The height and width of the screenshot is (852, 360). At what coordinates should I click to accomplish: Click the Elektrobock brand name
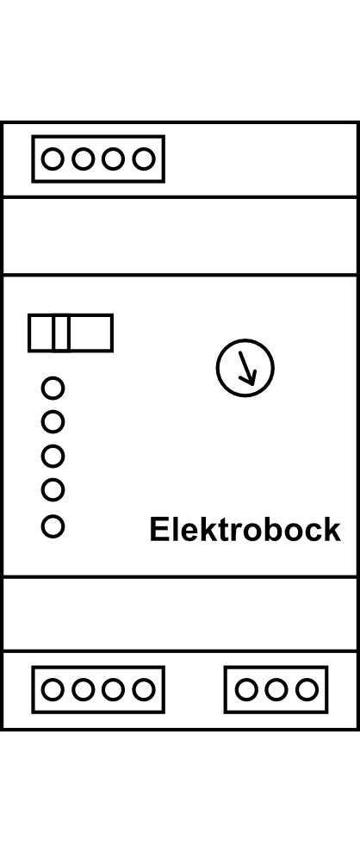[245, 530]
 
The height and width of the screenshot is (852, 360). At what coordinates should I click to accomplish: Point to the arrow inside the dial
[247, 368]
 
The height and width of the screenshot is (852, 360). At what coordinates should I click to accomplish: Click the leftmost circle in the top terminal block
[53, 159]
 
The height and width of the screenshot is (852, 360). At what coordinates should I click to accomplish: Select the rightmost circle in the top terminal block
[144, 159]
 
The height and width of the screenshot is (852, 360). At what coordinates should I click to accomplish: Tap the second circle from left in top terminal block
[83, 159]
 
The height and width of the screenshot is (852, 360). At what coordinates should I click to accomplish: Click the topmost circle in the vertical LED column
[53, 388]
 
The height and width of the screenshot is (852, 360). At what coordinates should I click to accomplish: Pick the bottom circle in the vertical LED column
[53, 526]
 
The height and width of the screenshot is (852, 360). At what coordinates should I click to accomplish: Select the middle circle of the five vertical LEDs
[53, 456]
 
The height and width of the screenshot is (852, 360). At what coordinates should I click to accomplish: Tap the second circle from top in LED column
[53, 421]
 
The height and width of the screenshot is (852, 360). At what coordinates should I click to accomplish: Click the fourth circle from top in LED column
[53, 490]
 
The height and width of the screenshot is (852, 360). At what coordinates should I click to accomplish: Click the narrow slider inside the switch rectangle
[61, 333]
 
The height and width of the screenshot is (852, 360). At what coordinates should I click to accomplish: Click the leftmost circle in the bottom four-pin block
[53, 689]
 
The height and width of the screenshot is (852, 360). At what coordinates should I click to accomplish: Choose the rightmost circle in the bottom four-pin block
[144, 689]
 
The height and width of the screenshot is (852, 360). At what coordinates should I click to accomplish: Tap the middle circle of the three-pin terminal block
[276, 689]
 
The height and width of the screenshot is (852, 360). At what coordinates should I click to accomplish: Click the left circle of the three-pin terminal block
[246, 689]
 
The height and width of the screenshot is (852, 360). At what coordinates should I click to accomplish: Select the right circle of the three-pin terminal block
[307, 689]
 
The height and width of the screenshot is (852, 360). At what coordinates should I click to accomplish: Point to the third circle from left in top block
[113, 159]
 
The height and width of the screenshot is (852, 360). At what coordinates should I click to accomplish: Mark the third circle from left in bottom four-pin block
[113, 689]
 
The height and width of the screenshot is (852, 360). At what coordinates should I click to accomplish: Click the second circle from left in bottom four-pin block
[83, 689]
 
